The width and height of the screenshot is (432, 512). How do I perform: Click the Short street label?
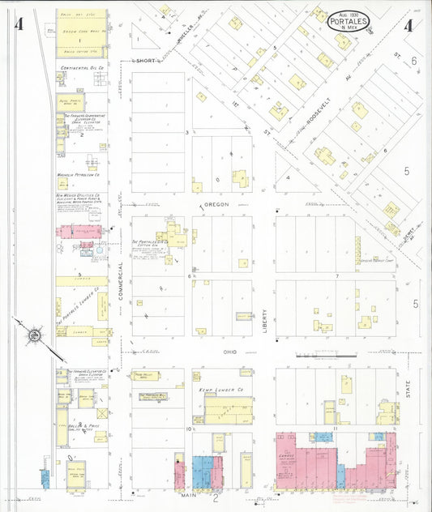pos(146,61)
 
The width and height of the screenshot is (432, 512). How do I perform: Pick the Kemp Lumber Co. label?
pos(216,390)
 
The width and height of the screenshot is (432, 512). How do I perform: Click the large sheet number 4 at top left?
pos(18,23)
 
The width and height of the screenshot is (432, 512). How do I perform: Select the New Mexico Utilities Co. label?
pos(78,196)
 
